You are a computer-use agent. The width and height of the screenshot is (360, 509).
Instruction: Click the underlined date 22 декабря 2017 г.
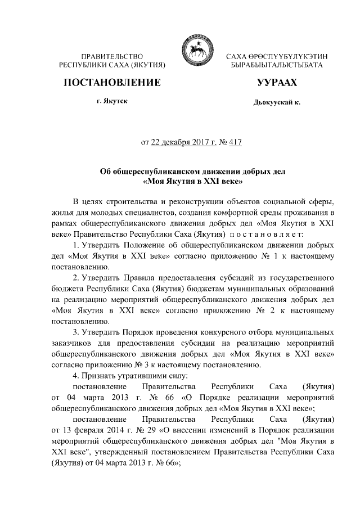183,142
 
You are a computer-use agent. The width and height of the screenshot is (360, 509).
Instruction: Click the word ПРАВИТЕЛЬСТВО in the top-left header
111,57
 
